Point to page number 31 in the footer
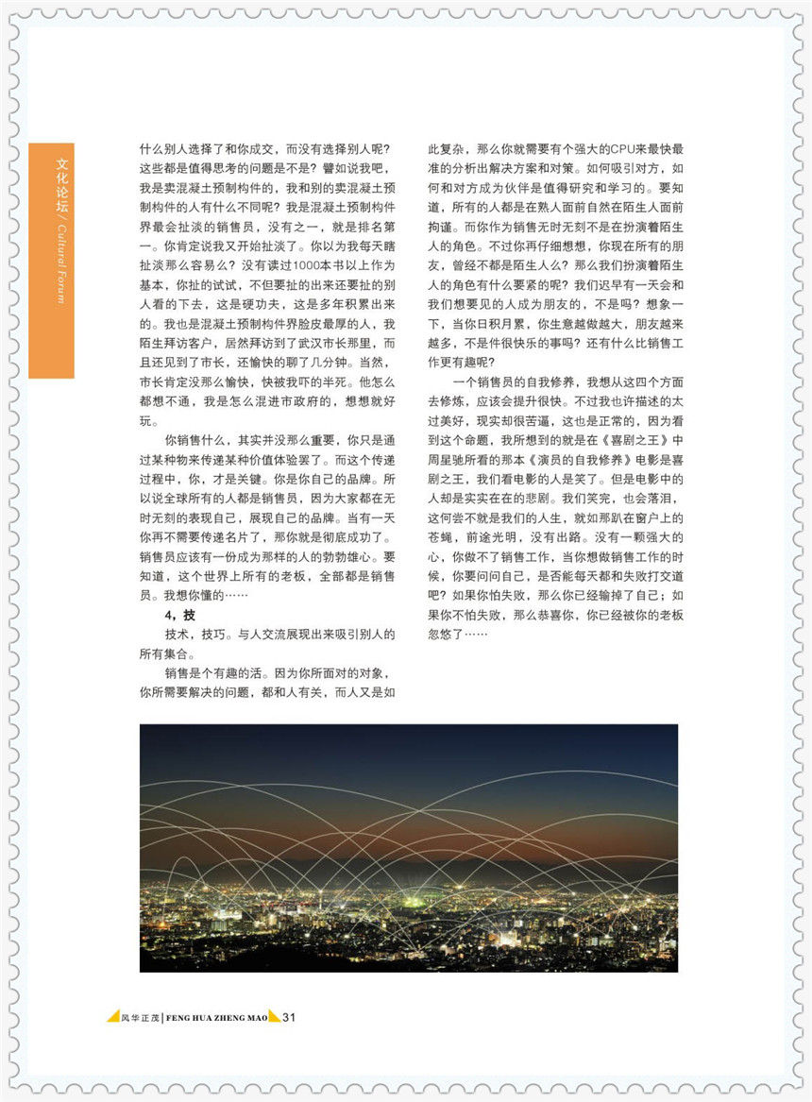tap(290, 1017)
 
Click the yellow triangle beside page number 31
tap(274, 1016)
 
